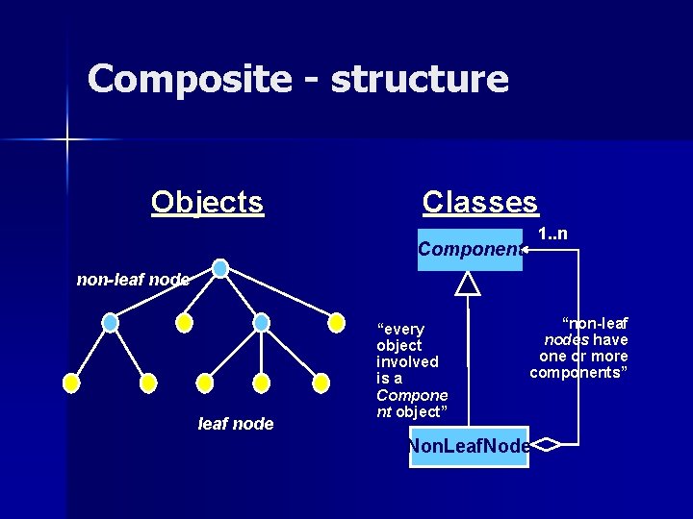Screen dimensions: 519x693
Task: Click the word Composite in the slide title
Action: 189,79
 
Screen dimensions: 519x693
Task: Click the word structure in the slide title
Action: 419,79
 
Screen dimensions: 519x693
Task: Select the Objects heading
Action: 207,202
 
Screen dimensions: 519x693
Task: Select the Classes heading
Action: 480,202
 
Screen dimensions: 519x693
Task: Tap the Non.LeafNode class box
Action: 469,447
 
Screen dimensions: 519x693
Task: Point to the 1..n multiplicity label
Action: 552,234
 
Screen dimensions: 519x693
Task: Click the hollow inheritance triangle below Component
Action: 468,283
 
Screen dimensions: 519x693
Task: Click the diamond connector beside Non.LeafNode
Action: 545,445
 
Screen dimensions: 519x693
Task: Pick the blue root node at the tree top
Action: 220,268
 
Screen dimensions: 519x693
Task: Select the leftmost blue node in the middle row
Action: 111,323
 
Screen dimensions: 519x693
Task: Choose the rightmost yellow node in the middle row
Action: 336,323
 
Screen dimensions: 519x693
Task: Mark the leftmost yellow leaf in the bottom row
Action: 70,383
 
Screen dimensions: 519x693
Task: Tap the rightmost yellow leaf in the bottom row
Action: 321,383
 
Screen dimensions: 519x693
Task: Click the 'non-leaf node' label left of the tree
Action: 133,280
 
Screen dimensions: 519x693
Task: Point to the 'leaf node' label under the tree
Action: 236,423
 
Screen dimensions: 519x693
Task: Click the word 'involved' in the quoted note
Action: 407,361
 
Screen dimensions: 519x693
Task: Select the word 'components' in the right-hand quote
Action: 578,372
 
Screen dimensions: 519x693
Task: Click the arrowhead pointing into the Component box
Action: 526,251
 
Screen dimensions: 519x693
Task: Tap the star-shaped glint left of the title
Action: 66,140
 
